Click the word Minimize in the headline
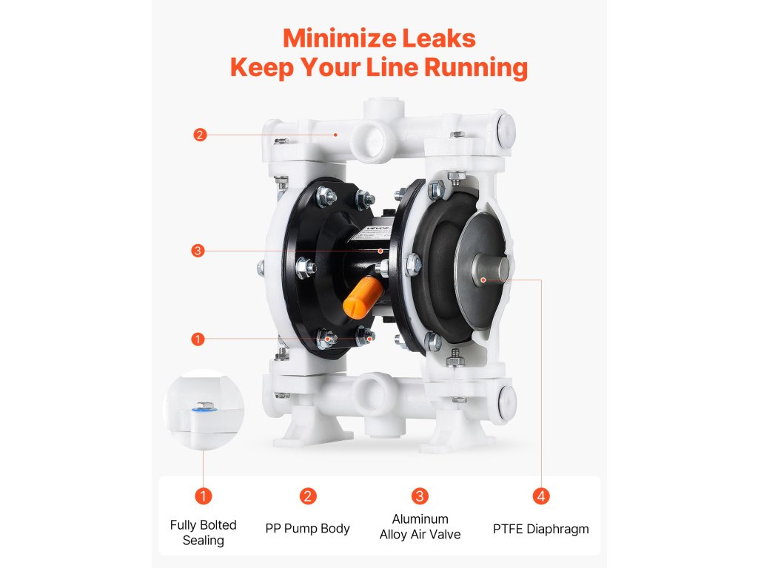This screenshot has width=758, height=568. tap(339, 38)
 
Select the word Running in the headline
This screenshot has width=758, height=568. tap(476, 67)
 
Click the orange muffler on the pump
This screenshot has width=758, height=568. tap(363, 297)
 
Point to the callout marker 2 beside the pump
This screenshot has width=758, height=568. tap(200, 135)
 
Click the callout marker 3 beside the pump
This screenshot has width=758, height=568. tap(197, 251)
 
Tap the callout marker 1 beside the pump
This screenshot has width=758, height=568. tap(197, 339)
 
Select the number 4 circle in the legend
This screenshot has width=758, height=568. tap(541, 496)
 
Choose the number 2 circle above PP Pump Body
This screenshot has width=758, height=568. tap(307, 496)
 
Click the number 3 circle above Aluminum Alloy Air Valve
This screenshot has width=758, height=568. tap(420, 496)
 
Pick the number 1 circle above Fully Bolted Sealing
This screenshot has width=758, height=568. tap(203, 496)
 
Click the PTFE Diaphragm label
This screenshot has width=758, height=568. tap(541, 529)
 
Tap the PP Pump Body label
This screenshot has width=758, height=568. tap(307, 528)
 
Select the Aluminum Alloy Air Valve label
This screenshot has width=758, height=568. tap(420, 527)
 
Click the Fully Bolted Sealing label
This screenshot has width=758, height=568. tap(203, 532)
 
